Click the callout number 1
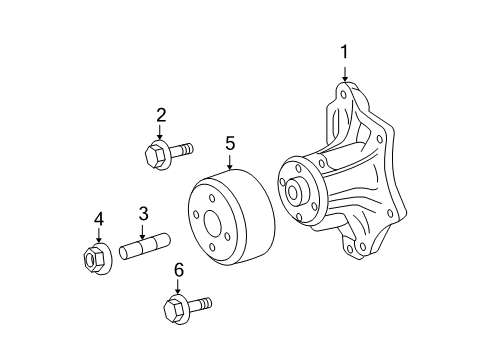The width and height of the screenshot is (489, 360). [344, 52]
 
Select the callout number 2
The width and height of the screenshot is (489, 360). [161, 115]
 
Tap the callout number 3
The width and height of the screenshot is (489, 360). [143, 214]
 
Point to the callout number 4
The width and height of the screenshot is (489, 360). [99, 220]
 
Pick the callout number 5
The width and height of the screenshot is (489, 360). [230, 143]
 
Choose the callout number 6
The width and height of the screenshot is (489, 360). [179, 270]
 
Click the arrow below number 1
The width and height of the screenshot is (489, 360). [345, 74]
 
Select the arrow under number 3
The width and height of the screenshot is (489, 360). [143, 232]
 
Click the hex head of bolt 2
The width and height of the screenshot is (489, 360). [156, 155]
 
